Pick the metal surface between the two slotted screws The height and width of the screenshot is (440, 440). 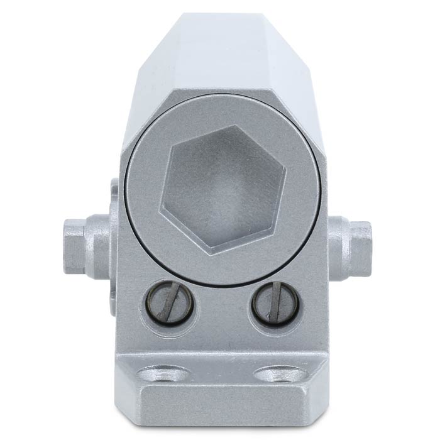(221, 308)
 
